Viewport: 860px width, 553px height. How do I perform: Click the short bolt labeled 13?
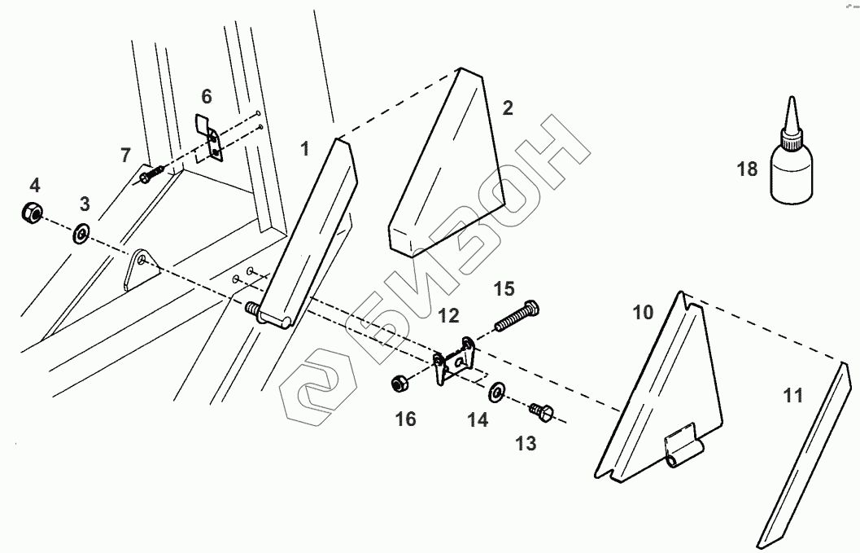[542, 412]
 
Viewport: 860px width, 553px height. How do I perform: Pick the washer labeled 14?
[496, 395]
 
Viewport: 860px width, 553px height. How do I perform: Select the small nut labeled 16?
[400, 382]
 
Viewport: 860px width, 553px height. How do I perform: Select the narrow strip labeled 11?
[801, 456]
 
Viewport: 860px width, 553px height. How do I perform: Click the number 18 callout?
[748, 169]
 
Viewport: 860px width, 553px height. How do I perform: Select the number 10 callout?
[643, 312]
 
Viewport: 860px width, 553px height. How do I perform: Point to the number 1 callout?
[304, 149]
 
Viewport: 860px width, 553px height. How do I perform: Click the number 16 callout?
[405, 419]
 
